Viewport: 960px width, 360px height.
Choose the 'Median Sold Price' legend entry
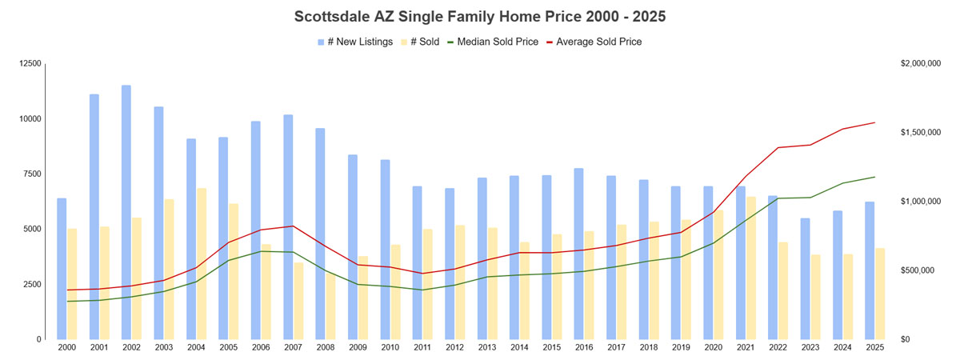[x=487, y=42]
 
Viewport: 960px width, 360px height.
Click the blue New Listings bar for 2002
[x=126, y=212]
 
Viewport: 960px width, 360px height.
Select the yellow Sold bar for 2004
[x=202, y=263]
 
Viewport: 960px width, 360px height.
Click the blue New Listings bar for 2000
[x=62, y=268]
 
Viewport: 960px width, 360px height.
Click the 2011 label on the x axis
[x=422, y=348]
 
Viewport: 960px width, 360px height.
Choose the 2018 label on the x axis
[x=649, y=348]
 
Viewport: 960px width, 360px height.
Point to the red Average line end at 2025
[x=875, y=122]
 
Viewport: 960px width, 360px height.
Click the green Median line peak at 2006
[x=261, y=251]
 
